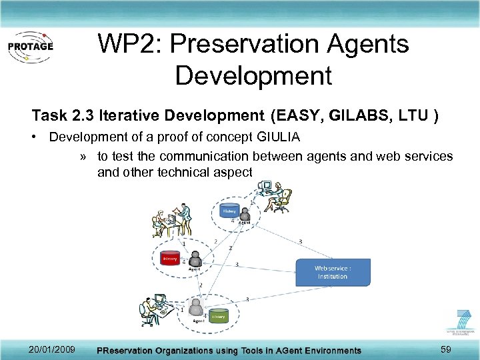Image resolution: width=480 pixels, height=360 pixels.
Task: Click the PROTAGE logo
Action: point(29,47)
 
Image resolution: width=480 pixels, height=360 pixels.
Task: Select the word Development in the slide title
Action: point(253,75)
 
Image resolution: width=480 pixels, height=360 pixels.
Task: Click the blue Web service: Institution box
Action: point(332,272)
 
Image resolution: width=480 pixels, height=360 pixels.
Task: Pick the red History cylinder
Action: point(171,258)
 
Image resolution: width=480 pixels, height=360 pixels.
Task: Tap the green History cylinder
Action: point(218,317)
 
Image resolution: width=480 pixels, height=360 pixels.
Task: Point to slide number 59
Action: point(446,349)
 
